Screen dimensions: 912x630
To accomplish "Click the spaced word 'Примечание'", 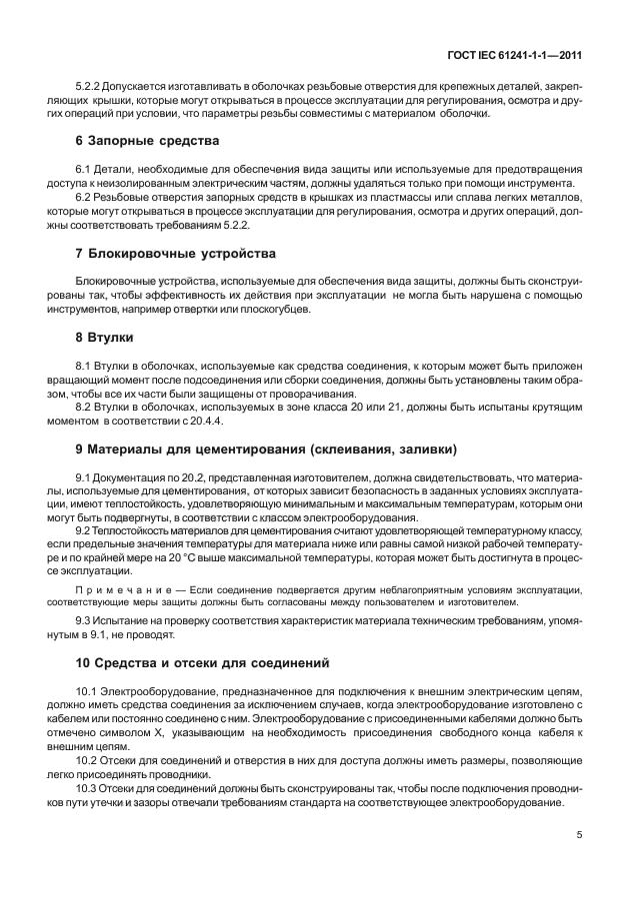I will pyautogui.click(x=118, y=590).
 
